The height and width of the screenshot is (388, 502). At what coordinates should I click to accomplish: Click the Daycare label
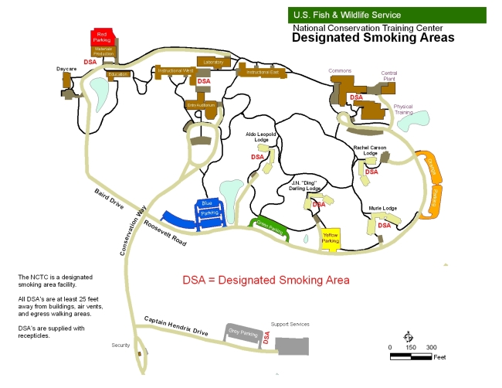pyautogui.click(x=66, y=69)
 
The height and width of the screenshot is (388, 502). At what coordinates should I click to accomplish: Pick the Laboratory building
pyautogui.click(x=214, y=61)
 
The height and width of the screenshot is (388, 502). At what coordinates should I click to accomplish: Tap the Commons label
pyautogui.click(x=340, y=71)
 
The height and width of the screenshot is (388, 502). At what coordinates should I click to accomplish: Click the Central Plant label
pyautogui.click(x=389, y=77)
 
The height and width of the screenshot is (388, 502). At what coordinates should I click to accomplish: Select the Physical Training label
pyautogui.click(x=402, y=109)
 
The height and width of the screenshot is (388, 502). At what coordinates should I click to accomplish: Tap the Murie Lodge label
pyautogui.click(x=382, y=208)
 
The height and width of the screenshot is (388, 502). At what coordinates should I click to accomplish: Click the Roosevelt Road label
pyautogui.click(x=165, y=233)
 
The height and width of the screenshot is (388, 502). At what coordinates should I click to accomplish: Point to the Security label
pyautogui.click(x=120, y=345)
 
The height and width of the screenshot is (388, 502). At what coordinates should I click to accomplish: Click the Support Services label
pyautogui.click(x=290, y=324)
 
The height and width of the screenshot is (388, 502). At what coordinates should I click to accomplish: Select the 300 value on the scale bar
pyautogui.click(x=431, y=348)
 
